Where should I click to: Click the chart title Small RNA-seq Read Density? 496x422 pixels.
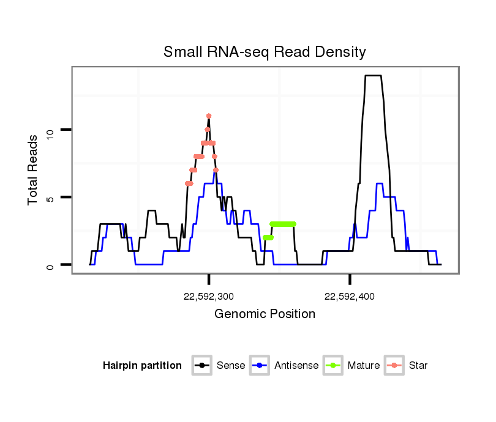(265, 52)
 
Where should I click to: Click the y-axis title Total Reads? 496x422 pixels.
(34, 170)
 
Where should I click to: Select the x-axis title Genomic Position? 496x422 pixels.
(265, 314)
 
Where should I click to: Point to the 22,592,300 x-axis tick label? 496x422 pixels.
(209, 297)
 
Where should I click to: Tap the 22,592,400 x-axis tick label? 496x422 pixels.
(350, 297)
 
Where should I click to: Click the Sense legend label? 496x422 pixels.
(231, 366)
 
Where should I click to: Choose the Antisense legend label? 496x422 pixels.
(296, 366)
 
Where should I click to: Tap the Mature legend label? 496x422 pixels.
(364, 366)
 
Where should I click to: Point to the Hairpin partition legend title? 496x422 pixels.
(142, 366)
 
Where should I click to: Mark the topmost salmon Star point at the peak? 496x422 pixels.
(209, 116)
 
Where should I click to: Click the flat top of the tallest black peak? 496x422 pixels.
(373, 76)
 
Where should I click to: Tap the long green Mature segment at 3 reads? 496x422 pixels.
(283, 224)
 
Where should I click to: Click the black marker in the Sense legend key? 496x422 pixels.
(203, 366)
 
